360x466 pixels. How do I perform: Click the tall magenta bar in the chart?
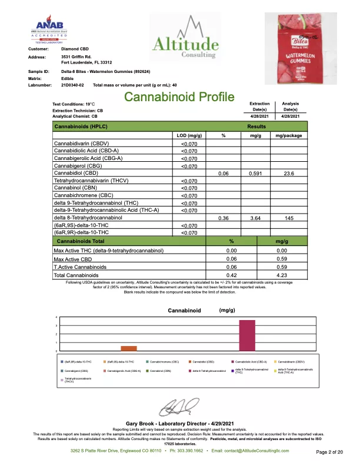click(247, 335)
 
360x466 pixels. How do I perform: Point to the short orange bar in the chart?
click(133, 348)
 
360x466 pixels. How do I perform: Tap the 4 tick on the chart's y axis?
click(56, 318)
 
